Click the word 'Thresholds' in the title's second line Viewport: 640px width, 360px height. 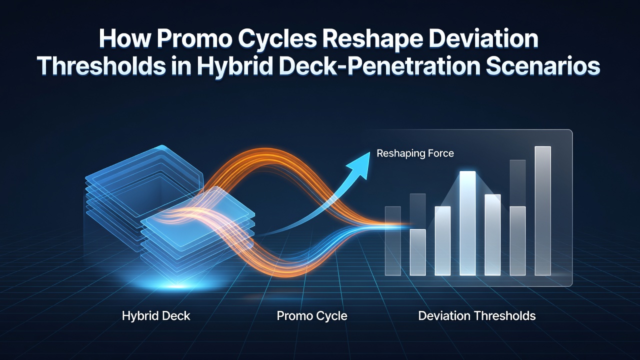click(101, 66)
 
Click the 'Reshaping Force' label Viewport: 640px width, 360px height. click(415, 153)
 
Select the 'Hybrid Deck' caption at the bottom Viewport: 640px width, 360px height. click(156, 316)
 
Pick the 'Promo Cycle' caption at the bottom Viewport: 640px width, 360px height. click(312, 316)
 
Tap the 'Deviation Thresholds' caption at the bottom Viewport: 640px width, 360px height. click(477, 316)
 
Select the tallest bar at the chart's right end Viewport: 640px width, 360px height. click(542, 211)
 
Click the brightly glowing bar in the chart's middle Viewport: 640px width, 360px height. click(467, 223)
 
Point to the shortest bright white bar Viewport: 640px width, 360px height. click(417, 252)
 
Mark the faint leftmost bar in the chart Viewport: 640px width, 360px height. click(393, 241)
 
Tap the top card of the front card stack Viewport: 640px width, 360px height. click(197, 212)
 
